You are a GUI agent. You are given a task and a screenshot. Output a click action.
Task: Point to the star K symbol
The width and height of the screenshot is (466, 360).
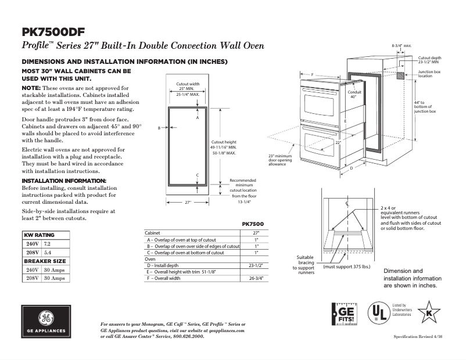coord(429,312)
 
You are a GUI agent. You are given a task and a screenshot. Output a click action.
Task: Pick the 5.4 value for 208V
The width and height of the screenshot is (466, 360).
coord(48,254)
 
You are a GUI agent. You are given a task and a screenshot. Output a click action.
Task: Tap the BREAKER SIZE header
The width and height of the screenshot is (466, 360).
coord(45,261)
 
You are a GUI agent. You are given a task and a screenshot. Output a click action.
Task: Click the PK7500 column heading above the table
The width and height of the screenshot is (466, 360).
coord(252,224)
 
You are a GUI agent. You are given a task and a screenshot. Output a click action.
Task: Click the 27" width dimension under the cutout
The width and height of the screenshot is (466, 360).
coord(188,203)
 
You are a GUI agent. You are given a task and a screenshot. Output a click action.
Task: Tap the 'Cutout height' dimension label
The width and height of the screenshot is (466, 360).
coord(223,142)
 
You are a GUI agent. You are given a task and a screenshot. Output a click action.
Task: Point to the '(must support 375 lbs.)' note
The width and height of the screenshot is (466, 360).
coord(346,267)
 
